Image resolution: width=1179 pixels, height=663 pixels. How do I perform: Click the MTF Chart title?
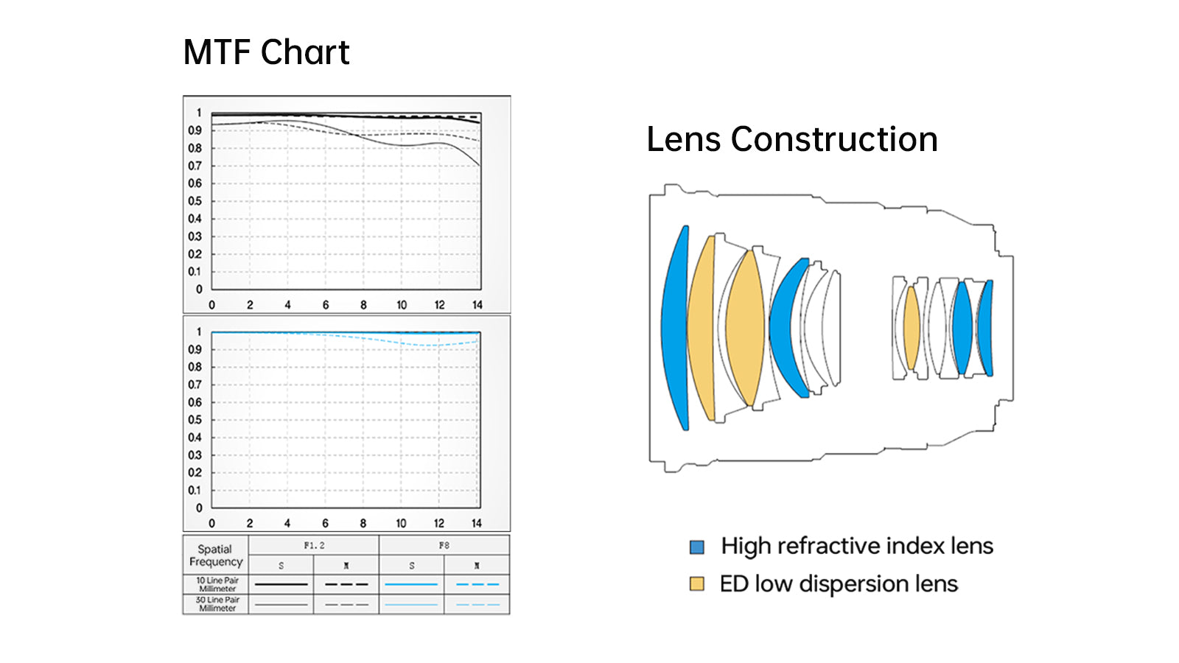[266, 52]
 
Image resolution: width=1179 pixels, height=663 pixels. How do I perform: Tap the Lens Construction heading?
[791, 139]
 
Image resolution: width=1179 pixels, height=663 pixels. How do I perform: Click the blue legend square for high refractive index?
[696, 547]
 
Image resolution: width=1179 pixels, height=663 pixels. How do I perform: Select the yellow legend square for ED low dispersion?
[696, 584]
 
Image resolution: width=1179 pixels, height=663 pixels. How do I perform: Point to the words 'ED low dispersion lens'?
[839, 584]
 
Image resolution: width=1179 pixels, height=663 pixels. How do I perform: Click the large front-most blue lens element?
[674, 328]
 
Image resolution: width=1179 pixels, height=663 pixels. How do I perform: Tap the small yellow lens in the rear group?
[912, 328]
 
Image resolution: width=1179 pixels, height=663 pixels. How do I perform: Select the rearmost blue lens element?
[986, 328]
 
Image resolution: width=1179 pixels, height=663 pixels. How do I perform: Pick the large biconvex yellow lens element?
[745, 328]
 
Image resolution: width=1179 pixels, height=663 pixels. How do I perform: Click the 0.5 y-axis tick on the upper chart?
[195, 201]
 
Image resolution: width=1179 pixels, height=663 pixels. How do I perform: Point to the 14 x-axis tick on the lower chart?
[477, 523]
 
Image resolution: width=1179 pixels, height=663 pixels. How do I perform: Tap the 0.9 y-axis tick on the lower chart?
[195, 349]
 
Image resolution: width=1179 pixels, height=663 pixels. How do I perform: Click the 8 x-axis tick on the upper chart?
[363, 305]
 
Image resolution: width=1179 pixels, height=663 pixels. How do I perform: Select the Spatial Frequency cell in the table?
[215, 555]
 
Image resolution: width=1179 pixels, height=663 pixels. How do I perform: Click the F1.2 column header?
[314, 545]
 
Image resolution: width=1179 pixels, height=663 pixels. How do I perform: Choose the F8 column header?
[444, 545]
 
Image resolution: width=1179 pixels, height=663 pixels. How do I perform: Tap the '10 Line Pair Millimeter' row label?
[217, 584]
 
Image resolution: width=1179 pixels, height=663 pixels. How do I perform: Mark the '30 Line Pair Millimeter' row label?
[217, 604]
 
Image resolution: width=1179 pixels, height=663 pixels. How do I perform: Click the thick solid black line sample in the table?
[281, 584]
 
